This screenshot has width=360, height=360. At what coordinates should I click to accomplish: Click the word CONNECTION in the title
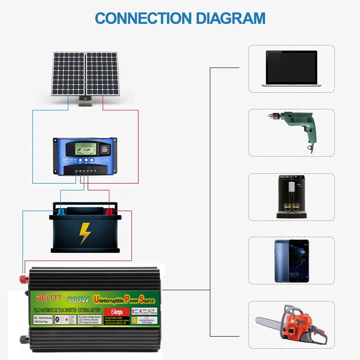(143, 18)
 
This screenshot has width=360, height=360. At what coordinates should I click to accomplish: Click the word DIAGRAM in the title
(229, 18)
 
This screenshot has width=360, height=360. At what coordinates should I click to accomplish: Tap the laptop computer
(291, 68)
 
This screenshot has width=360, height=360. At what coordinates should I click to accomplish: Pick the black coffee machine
(291, 197)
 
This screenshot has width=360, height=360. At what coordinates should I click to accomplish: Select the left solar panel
(68, 73)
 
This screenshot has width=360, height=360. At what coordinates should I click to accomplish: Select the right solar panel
(102, 73)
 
